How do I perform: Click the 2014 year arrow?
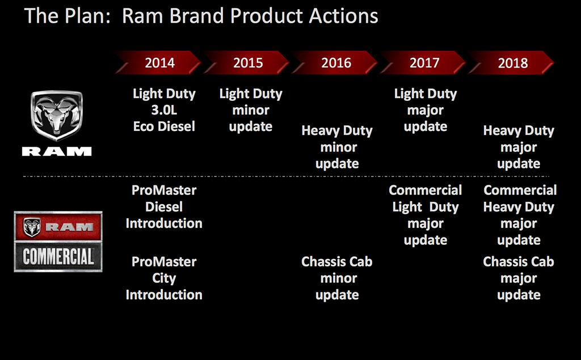(158, 62)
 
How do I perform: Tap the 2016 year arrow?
(335, 62)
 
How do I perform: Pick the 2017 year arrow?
(423, 62)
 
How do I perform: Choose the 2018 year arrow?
(511, 62)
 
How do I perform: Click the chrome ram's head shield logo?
(57, 115)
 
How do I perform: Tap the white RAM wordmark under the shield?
(57, 151)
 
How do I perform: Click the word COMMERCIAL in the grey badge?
(58, 257)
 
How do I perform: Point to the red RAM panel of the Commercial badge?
(58, 226)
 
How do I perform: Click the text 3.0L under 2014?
(164, 110)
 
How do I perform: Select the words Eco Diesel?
(164, 126)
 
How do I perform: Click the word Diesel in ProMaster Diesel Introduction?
(164, 207)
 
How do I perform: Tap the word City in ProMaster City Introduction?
(164, 278)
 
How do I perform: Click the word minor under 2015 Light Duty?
(251, 110)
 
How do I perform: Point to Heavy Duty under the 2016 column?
(337, 131)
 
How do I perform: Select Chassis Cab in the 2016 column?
(337, 261)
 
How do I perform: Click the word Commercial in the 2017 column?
(426, 190)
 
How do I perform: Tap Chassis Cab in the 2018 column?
(519, 261)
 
